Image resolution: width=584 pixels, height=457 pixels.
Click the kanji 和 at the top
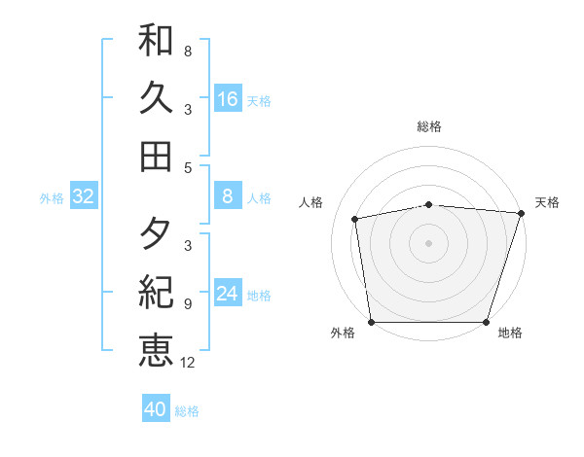tap(156, 40)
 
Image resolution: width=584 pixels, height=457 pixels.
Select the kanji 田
tap(156, 156)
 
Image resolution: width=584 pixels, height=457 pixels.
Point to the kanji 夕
tap(156, 234)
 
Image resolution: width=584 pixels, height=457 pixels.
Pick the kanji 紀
tap(156, 292)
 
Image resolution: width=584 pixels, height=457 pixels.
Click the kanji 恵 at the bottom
tap(156, 350)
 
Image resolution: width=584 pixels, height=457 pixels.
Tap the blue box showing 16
tap(227, 98)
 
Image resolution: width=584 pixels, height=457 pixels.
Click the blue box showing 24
tap(227, 294)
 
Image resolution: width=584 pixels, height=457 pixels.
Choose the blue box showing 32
tap(84, 197)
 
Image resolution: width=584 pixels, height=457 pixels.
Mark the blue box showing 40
tap(156, 409)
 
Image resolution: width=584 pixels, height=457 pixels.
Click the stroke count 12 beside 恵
tap(188, 363)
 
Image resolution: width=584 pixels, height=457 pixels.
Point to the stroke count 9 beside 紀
tap(188, 304)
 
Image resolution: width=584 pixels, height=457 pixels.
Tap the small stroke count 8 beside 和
tap(188, 52)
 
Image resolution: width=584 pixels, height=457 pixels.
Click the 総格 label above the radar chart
tap(429, 126)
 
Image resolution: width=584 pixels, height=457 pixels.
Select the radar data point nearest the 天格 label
tap(521, 213)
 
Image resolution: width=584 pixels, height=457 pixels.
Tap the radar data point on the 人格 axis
tap(355, 219)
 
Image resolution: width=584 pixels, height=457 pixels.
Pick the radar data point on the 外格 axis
tap(372, 322)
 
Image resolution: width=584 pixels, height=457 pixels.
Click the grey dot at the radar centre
tap(429, 242)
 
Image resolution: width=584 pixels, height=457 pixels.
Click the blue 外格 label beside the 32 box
tap(52, 198)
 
